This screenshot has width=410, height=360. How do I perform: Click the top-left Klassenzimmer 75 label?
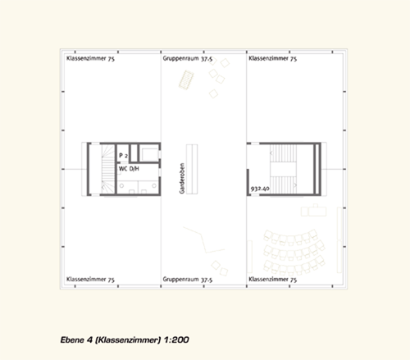90,58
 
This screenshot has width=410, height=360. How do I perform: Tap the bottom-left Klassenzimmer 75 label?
90,280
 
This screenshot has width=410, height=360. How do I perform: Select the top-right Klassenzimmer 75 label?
272,58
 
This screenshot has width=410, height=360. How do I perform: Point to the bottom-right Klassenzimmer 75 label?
272,280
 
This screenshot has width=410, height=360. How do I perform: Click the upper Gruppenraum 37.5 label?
188,58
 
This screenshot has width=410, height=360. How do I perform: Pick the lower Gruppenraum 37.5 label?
188,280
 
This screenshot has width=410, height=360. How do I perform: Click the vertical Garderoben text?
182,179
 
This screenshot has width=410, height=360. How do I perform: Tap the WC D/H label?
129,169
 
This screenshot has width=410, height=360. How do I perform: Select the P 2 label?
123,156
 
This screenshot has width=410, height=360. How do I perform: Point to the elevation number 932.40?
260,189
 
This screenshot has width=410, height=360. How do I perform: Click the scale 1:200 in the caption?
176,339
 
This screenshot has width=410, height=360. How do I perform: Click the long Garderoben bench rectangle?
192,169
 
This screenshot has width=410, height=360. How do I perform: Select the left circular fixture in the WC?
121,186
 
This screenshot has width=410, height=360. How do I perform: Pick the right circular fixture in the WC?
154,186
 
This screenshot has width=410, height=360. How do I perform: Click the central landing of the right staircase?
283,169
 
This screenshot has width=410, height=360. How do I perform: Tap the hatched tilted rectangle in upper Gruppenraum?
186,80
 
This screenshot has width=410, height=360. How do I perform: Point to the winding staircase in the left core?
108,169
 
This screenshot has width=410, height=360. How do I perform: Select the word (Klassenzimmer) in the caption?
128,340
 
